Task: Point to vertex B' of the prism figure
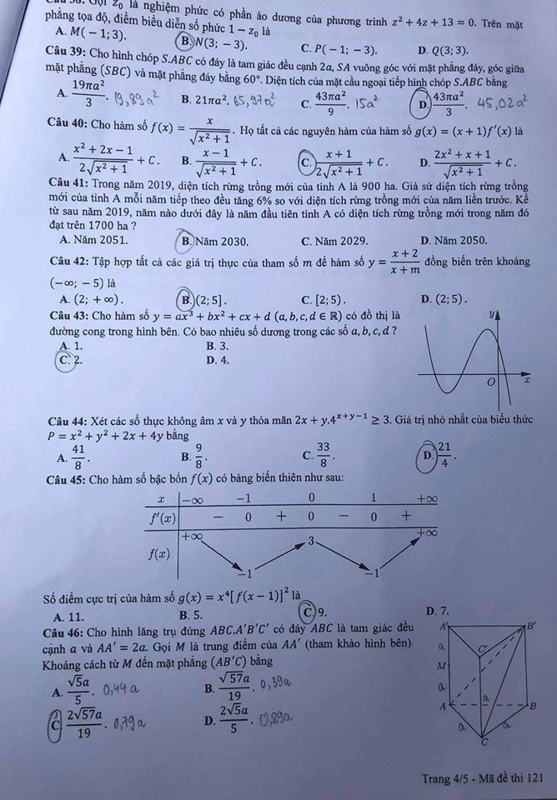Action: coord(530,624)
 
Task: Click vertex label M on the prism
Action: coord(442,666)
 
